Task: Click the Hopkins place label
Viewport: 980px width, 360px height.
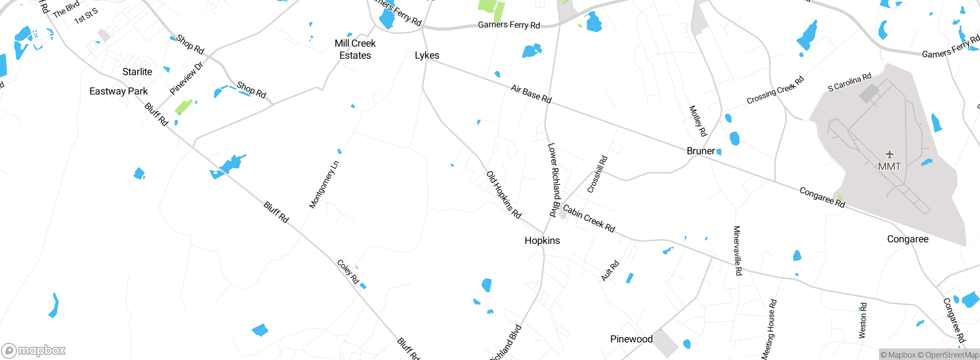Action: click(x=542, y=241)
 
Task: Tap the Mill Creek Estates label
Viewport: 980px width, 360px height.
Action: click(x=355, y=49)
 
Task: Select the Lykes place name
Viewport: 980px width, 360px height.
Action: click(x=427, y=56)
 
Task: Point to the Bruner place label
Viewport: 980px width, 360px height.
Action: click(x=701, y=151)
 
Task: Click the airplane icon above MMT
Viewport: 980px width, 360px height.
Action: click(x=890, y=154)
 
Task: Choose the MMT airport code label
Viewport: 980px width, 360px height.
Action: click(x=889, y=167)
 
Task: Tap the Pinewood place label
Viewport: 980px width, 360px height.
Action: click(x=631, y=339)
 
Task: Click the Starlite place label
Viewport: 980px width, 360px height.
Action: click(x=137, y=72)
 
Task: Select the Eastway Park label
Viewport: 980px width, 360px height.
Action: click(x=118, y=91)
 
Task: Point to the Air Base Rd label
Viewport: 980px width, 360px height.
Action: click(x=531, y=94)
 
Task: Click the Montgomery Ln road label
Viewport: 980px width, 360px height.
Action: click(x=324, y=185)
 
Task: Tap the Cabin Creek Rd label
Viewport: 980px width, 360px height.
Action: click(x=589, y=219)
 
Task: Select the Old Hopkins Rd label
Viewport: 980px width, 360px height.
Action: click(x=504, y=195)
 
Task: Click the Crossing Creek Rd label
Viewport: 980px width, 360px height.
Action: click(x=775, y=90)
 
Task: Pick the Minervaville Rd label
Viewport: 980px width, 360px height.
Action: click(x=737, y=250)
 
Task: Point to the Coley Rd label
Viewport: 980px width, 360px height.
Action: click(x=348, y=272)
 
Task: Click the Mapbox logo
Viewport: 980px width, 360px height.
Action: click(x=34, y=350)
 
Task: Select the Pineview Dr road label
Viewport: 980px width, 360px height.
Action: click(x=186, y=79)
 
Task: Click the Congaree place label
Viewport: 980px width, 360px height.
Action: click(x=908, y=239)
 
